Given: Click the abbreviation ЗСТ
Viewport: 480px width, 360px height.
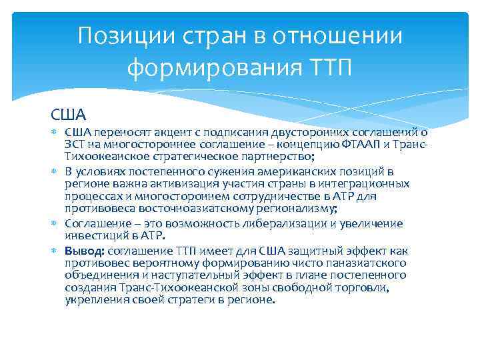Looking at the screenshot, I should [76, 145].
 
